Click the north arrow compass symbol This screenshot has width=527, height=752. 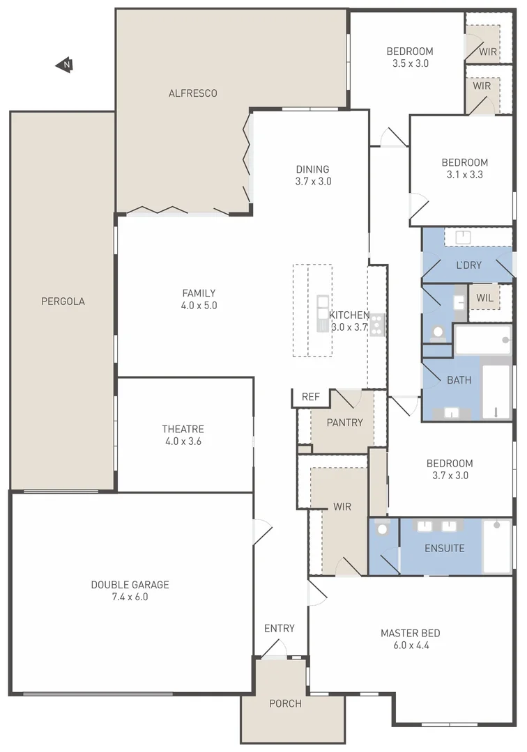click(65, 65)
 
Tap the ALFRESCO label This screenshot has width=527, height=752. click(193, 93)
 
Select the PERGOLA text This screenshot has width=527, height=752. click(63, 301)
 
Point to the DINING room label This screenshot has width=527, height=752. click(312, 169)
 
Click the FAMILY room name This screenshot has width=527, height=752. click(199, 293)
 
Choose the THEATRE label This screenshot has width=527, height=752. click(183, 429)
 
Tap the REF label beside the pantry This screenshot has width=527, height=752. click(311, 397)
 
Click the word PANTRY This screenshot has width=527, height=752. click(344, 423)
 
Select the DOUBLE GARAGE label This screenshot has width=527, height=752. click(130, 585)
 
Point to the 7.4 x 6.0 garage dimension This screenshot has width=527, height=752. click(130, 597)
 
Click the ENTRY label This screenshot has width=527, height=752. click(279, 628)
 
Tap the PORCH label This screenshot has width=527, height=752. click(286, 703)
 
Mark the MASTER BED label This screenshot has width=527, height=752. click(410, 633)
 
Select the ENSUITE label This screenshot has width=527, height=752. click(444, 548)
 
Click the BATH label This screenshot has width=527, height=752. click(459, 380)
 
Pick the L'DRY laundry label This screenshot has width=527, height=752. click(468, 265)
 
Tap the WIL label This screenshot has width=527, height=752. click(484, 298)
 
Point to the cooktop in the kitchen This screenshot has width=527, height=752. click(378, 324)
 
